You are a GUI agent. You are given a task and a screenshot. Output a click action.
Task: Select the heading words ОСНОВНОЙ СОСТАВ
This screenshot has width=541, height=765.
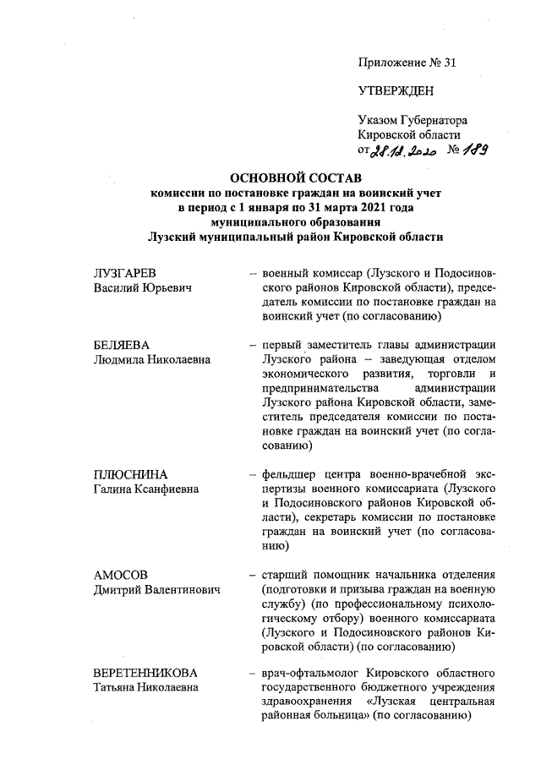pos(296,179)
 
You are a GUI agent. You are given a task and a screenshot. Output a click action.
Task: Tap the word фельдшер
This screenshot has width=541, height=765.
pos(289,474)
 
